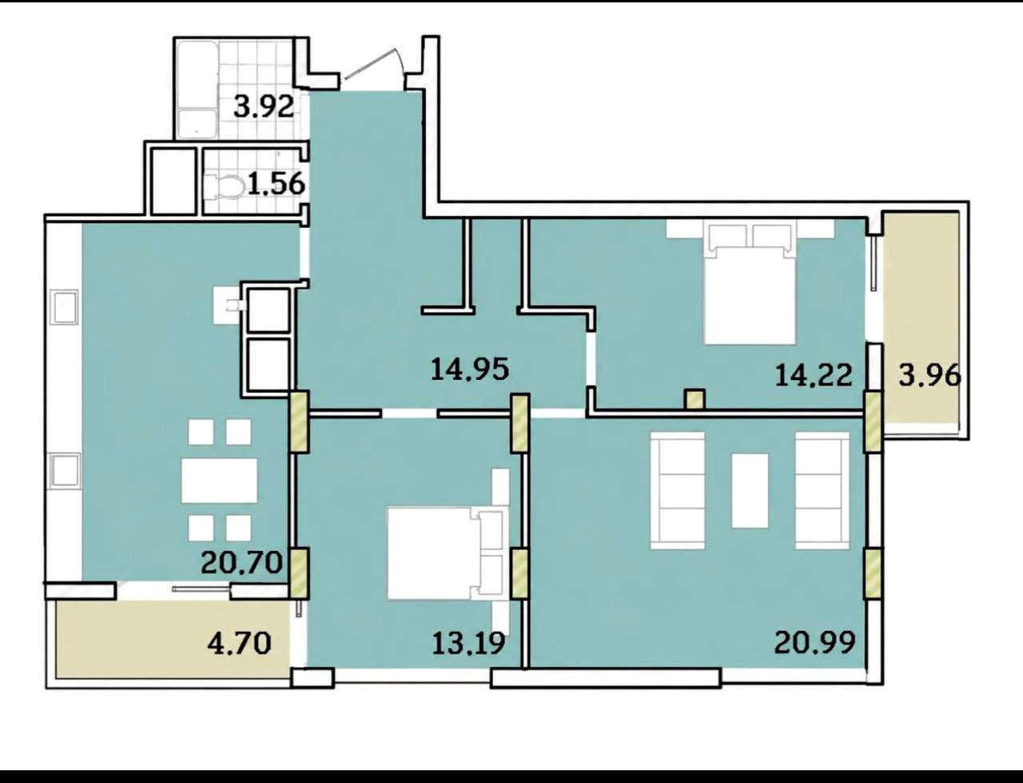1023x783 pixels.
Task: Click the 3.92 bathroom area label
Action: pyautogui.click(x=264, y=107)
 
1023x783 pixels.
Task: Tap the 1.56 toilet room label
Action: pyautogui.click(x=276, y=183)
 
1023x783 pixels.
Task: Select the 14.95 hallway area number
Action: pyautogui.click(x=470, y=370)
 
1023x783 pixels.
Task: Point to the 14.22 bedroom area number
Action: pyautogui.click(x=814, y=375)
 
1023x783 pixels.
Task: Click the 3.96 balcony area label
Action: pyautogui.click(x=929, y=375)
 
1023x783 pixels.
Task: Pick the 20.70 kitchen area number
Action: pyautogui.click(x=242, y=562)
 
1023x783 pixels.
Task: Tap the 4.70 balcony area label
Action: pyautogui.click(x=239, y=644)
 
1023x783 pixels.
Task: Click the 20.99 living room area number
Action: pyautogui.click(x=814, y=642)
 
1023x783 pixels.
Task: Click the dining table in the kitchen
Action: pyautogui.click(x=220, y=481)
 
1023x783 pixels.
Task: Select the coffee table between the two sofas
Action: pyautogui.click(x=750, y=491)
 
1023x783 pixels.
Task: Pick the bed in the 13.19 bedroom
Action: pyautogui.click(x=447, y=553)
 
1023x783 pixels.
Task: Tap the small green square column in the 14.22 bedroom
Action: pyautogui.click(x=695, y=400)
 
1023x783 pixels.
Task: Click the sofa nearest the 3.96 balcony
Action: pyautogui.click(x=822, y=490)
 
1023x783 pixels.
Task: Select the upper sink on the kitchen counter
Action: pyautogui.click(x=66, y=306)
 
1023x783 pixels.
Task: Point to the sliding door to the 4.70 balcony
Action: pyautogui.click(x=202, y=589)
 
